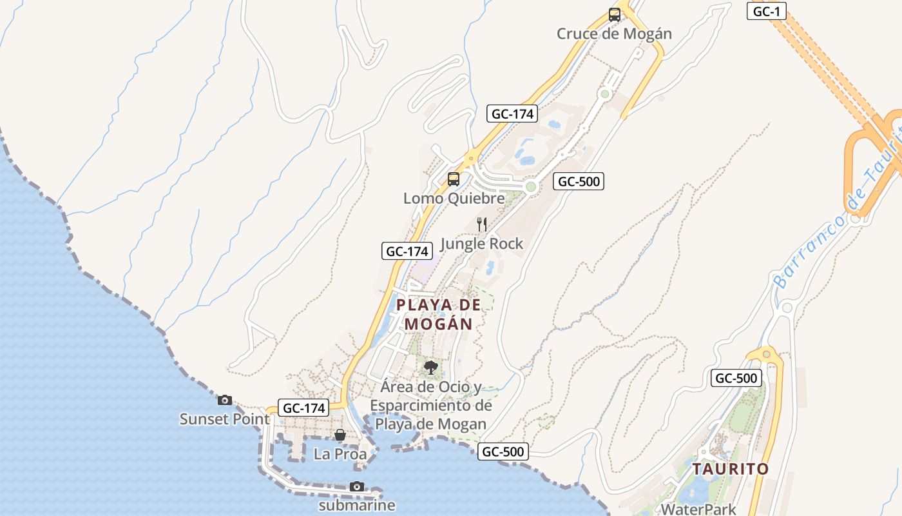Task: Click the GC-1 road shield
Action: point(766,11)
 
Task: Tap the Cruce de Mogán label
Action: point(614,34)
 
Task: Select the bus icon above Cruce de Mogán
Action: point(614,14)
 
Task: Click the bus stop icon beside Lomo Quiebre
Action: point(454,179)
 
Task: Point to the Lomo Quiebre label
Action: point(454,198)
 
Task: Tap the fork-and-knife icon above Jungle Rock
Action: point(481,224)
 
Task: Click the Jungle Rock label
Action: point(481,244)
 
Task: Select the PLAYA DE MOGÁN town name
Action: point(439,314)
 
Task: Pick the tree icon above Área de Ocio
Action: point(431,368)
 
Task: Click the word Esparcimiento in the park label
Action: point(430,406)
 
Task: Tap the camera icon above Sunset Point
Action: point(224,400)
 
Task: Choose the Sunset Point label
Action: point(224,419)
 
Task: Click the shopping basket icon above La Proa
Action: point(340,435)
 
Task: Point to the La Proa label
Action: point(340,454)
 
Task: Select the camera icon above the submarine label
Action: point(357,486)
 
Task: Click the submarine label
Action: point(357,505)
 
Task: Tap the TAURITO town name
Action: point(731,469)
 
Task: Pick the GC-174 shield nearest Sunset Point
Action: point(304,408)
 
